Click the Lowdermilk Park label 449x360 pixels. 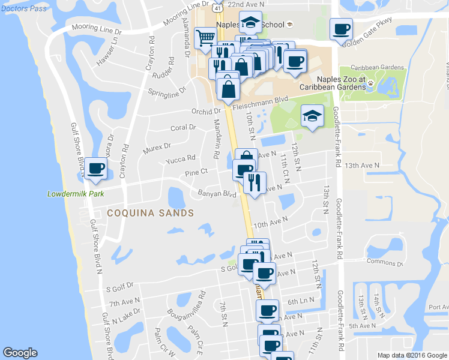coord(76,194)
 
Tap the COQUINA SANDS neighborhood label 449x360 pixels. coord(150,213)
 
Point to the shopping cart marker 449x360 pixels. coord(205,37)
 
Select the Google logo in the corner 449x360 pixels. coord(20,353)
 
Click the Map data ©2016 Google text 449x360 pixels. coord(412,355)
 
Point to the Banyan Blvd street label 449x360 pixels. coord(217,194)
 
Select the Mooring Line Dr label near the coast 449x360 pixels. coord(96,28)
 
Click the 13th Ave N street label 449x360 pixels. coord(363,165)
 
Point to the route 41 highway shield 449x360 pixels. coord(215,5)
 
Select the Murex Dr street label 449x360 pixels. coord(157,147)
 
